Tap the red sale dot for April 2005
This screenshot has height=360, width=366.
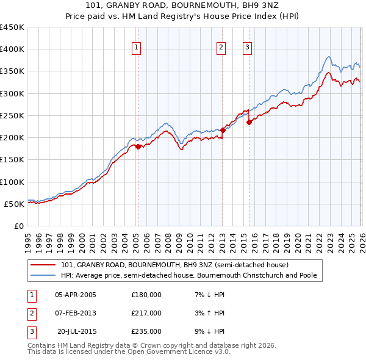pyautogui.click(x=138, y=146)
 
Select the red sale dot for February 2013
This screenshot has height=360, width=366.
pyautogui.click(x=223, y=130)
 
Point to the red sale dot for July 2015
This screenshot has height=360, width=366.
pyautogui.click(x=249, y=122)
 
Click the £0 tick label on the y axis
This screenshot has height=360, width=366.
pyautogui.click(x=19, y=226)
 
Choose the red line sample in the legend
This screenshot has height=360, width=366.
pyautogui.click(x=44, y=265)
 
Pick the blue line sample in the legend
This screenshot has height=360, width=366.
pyautogui.click(x=44, y=275)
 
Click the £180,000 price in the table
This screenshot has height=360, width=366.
pyautogui.click(x=146, y=295)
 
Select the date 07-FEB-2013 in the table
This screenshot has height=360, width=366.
pyautogui.click(x=75, y=313)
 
